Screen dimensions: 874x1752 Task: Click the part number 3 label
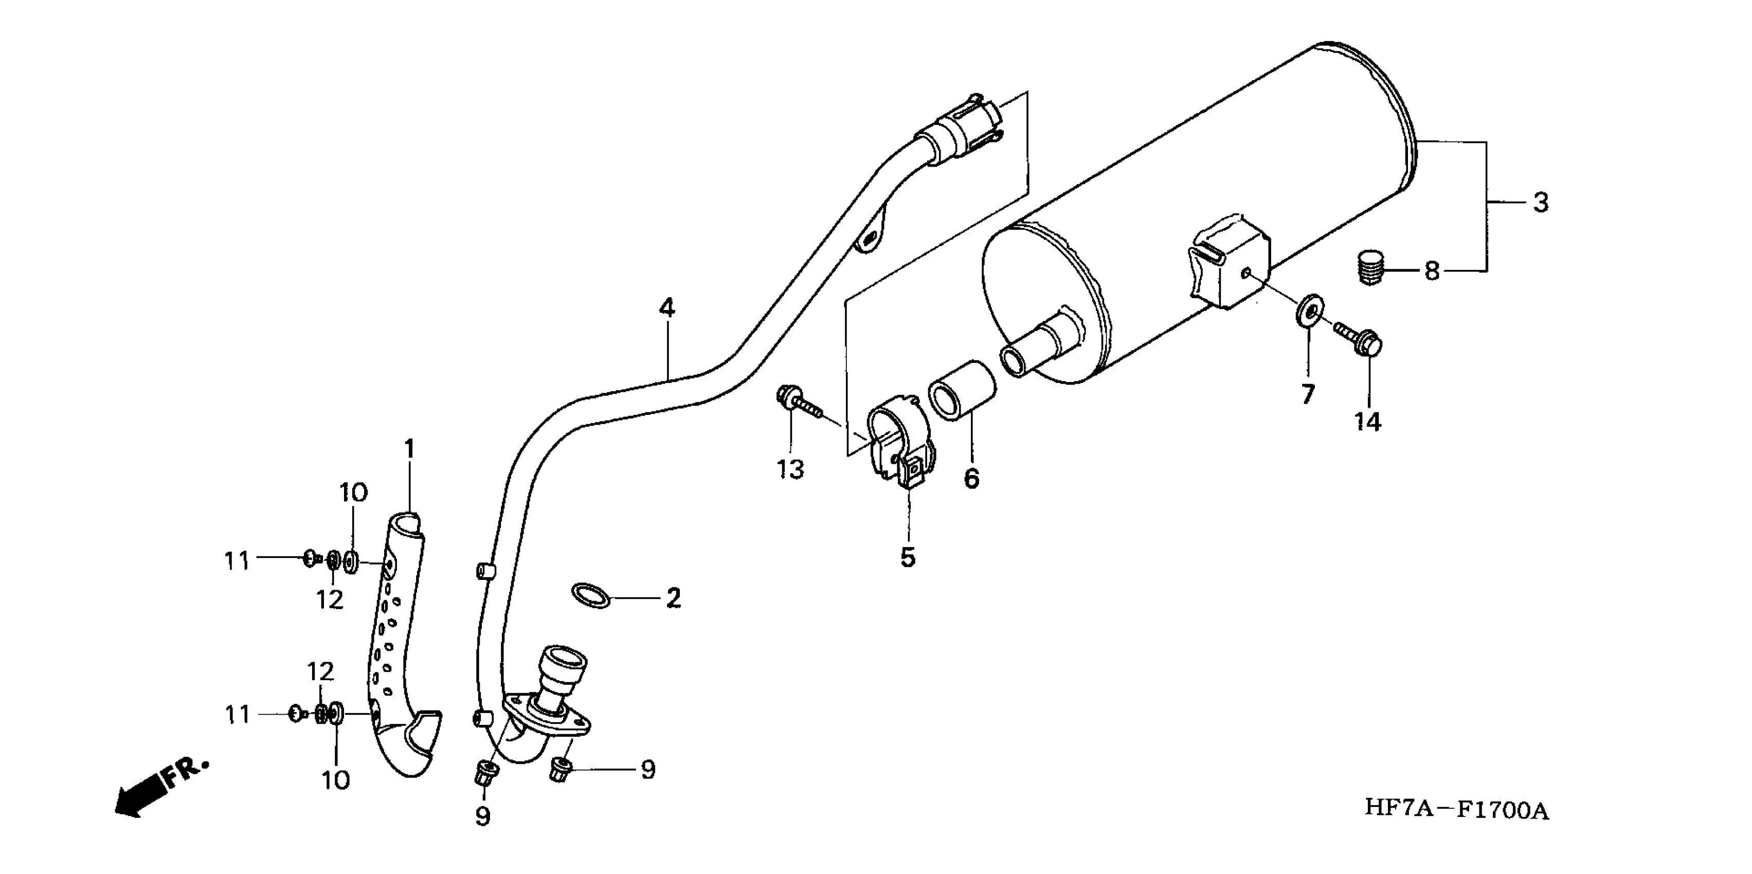click(1541, 203)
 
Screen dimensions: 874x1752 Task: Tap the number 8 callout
click(1432, 271)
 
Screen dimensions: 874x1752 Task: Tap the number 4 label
click(667, 308)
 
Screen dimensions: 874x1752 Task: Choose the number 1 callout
click(409, 449)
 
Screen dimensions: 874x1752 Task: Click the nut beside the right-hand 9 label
click(559, 771)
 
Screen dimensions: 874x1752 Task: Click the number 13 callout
click(790, 469)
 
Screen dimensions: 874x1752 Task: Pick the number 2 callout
click(673, 598)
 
